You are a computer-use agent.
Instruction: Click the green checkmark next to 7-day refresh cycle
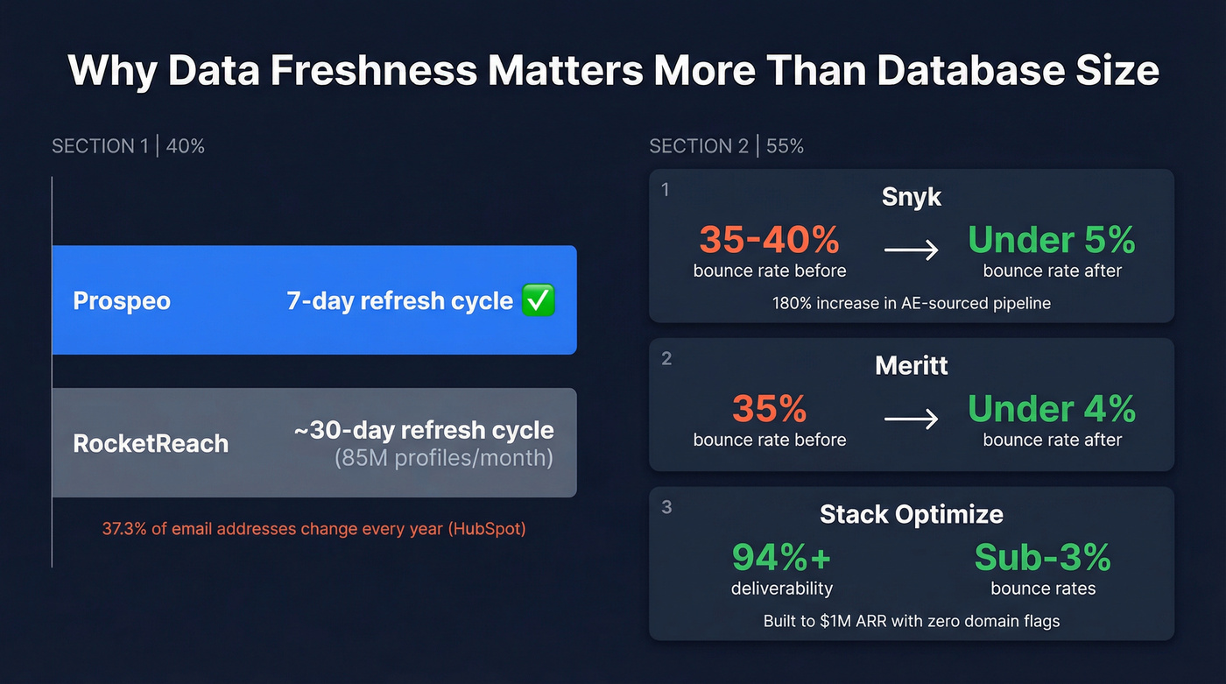click(x=538, y=301)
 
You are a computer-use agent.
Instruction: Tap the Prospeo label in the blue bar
click(x=122, y=301)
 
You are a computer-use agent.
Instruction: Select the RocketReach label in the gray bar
click(x=151, y=443)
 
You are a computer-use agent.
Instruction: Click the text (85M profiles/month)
click(x=443, y=458)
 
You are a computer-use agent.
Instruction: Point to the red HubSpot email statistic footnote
click(x=314, y=529)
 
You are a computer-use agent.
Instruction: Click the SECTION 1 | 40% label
click(x=128, y=146)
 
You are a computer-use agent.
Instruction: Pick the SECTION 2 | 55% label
click(x=726, y=146)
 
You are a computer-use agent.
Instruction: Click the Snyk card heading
click(x=911, y=197)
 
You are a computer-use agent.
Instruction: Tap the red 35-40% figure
click(x=769, y=240)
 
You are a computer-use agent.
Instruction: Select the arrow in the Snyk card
click(x=911, y=250)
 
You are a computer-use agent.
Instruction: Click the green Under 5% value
click(x=1052, y=240)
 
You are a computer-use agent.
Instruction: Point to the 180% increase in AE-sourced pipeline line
click(x=911, y=304)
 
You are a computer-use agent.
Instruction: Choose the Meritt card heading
click(x=911, y=365)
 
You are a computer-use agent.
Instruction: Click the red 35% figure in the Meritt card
click(x=769, y=409)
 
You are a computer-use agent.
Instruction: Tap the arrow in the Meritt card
click(x=911, y=420)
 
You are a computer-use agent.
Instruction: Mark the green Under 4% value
click(x=1052, y=409)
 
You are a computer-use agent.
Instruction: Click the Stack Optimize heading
click(x=911, y=514)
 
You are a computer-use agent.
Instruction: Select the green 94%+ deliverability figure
click(x=781, y=557)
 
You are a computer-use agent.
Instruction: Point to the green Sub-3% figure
click(x=1042, y=557)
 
